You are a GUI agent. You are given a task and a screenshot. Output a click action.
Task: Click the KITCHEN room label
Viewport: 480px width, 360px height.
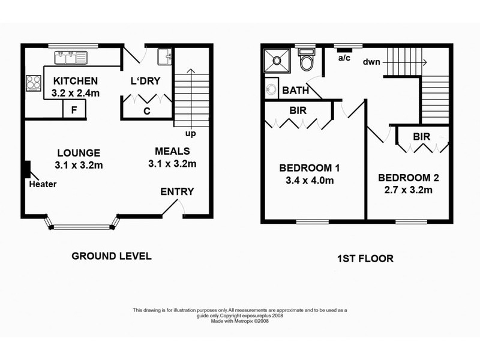[76, 81]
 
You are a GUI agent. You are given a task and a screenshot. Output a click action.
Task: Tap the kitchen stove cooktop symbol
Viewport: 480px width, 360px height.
[34, 83]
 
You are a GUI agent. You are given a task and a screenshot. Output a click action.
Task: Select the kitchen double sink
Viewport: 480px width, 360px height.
[71, 58]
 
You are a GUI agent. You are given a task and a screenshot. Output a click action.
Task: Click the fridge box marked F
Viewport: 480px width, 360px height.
[74, 110]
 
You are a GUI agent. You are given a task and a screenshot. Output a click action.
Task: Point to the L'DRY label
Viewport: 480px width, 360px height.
[145, 81]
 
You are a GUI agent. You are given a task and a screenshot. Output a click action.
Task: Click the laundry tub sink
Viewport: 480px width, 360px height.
[164, 56]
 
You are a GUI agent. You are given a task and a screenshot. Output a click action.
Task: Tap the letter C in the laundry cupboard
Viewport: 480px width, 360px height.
[147, 111]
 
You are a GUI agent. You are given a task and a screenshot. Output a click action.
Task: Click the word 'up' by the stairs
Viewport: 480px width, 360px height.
[190, 133]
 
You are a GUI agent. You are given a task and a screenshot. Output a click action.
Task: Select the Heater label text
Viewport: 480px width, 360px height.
[43, 184]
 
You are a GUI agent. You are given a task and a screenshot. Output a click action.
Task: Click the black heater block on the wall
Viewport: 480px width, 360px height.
[28, 169]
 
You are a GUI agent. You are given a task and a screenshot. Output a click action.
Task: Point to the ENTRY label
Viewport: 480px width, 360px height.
[177, 191]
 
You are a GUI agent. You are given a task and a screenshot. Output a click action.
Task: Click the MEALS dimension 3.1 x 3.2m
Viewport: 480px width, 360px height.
[172, 164]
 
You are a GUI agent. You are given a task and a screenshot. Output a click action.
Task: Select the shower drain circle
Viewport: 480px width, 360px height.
[277, 61]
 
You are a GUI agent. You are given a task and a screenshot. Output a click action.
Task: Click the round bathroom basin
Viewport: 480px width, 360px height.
[271, 89]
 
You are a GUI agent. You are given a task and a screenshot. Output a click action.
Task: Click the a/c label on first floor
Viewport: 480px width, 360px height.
[344, 58]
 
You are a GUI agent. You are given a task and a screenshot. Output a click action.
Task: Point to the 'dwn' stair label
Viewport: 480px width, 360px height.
[371, 62]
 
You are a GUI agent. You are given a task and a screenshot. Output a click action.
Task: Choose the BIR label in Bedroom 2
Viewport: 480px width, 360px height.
[422, 137]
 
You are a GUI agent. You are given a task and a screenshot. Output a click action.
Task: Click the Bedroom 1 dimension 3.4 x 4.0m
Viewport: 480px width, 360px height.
[310, 181]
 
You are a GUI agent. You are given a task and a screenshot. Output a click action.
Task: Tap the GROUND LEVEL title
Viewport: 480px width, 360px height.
[112, 256]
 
